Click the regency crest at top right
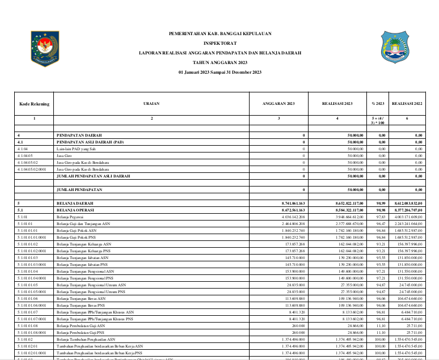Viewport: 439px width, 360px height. pos(394,48)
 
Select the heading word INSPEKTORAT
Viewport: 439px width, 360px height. pos(221,43)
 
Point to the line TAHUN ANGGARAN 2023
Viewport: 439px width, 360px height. pos(220,62)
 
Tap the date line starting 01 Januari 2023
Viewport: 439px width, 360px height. pos(220,73)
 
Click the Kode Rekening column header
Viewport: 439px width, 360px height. pos(34,104)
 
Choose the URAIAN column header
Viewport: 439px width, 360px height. pos(151,104)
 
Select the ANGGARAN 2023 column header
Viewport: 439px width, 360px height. pos(278,104)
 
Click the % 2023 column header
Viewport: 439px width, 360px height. pos(378,104)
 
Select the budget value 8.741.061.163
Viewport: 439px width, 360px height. pos(293,203)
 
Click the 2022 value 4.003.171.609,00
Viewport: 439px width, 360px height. pos(407,217)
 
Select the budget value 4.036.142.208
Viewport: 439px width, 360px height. pos(293,217)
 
